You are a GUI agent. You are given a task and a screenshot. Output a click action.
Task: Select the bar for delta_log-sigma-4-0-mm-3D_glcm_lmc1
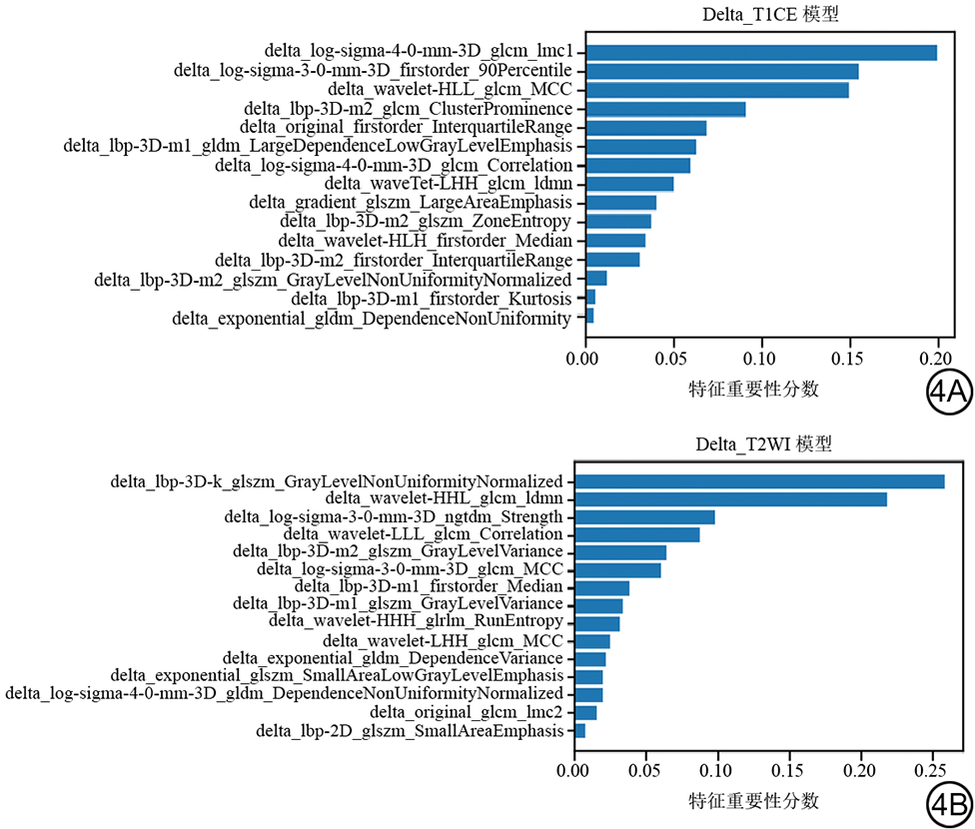[x=760, y=53]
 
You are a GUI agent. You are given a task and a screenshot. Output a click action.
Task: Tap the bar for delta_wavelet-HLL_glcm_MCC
[x=716, y=90]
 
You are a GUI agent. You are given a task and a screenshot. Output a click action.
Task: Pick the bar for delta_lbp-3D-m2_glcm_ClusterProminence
[x=665, y=109]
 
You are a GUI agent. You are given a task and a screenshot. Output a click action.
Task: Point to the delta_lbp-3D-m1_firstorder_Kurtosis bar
[x=589, y=297]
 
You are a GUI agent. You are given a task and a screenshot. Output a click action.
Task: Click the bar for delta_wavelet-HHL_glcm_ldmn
[x=730, y=499]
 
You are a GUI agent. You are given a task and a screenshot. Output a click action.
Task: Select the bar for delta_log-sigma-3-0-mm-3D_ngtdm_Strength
[x=644, y=517]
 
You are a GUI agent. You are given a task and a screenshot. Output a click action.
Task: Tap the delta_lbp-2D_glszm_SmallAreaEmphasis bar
[x=579, y=731]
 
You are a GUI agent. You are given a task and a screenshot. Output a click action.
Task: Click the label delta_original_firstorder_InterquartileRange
[x=407, y=128]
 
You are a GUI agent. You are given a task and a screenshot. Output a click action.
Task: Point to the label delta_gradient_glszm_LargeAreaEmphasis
[x=411, y=203]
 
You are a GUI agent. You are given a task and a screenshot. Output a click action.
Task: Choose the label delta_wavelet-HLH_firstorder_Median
[x=426, y=241]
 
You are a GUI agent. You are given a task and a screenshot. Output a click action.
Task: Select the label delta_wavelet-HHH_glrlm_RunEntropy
[x=417, y=622]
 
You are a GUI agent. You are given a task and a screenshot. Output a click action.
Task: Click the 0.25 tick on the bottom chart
[x=931, y=771]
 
